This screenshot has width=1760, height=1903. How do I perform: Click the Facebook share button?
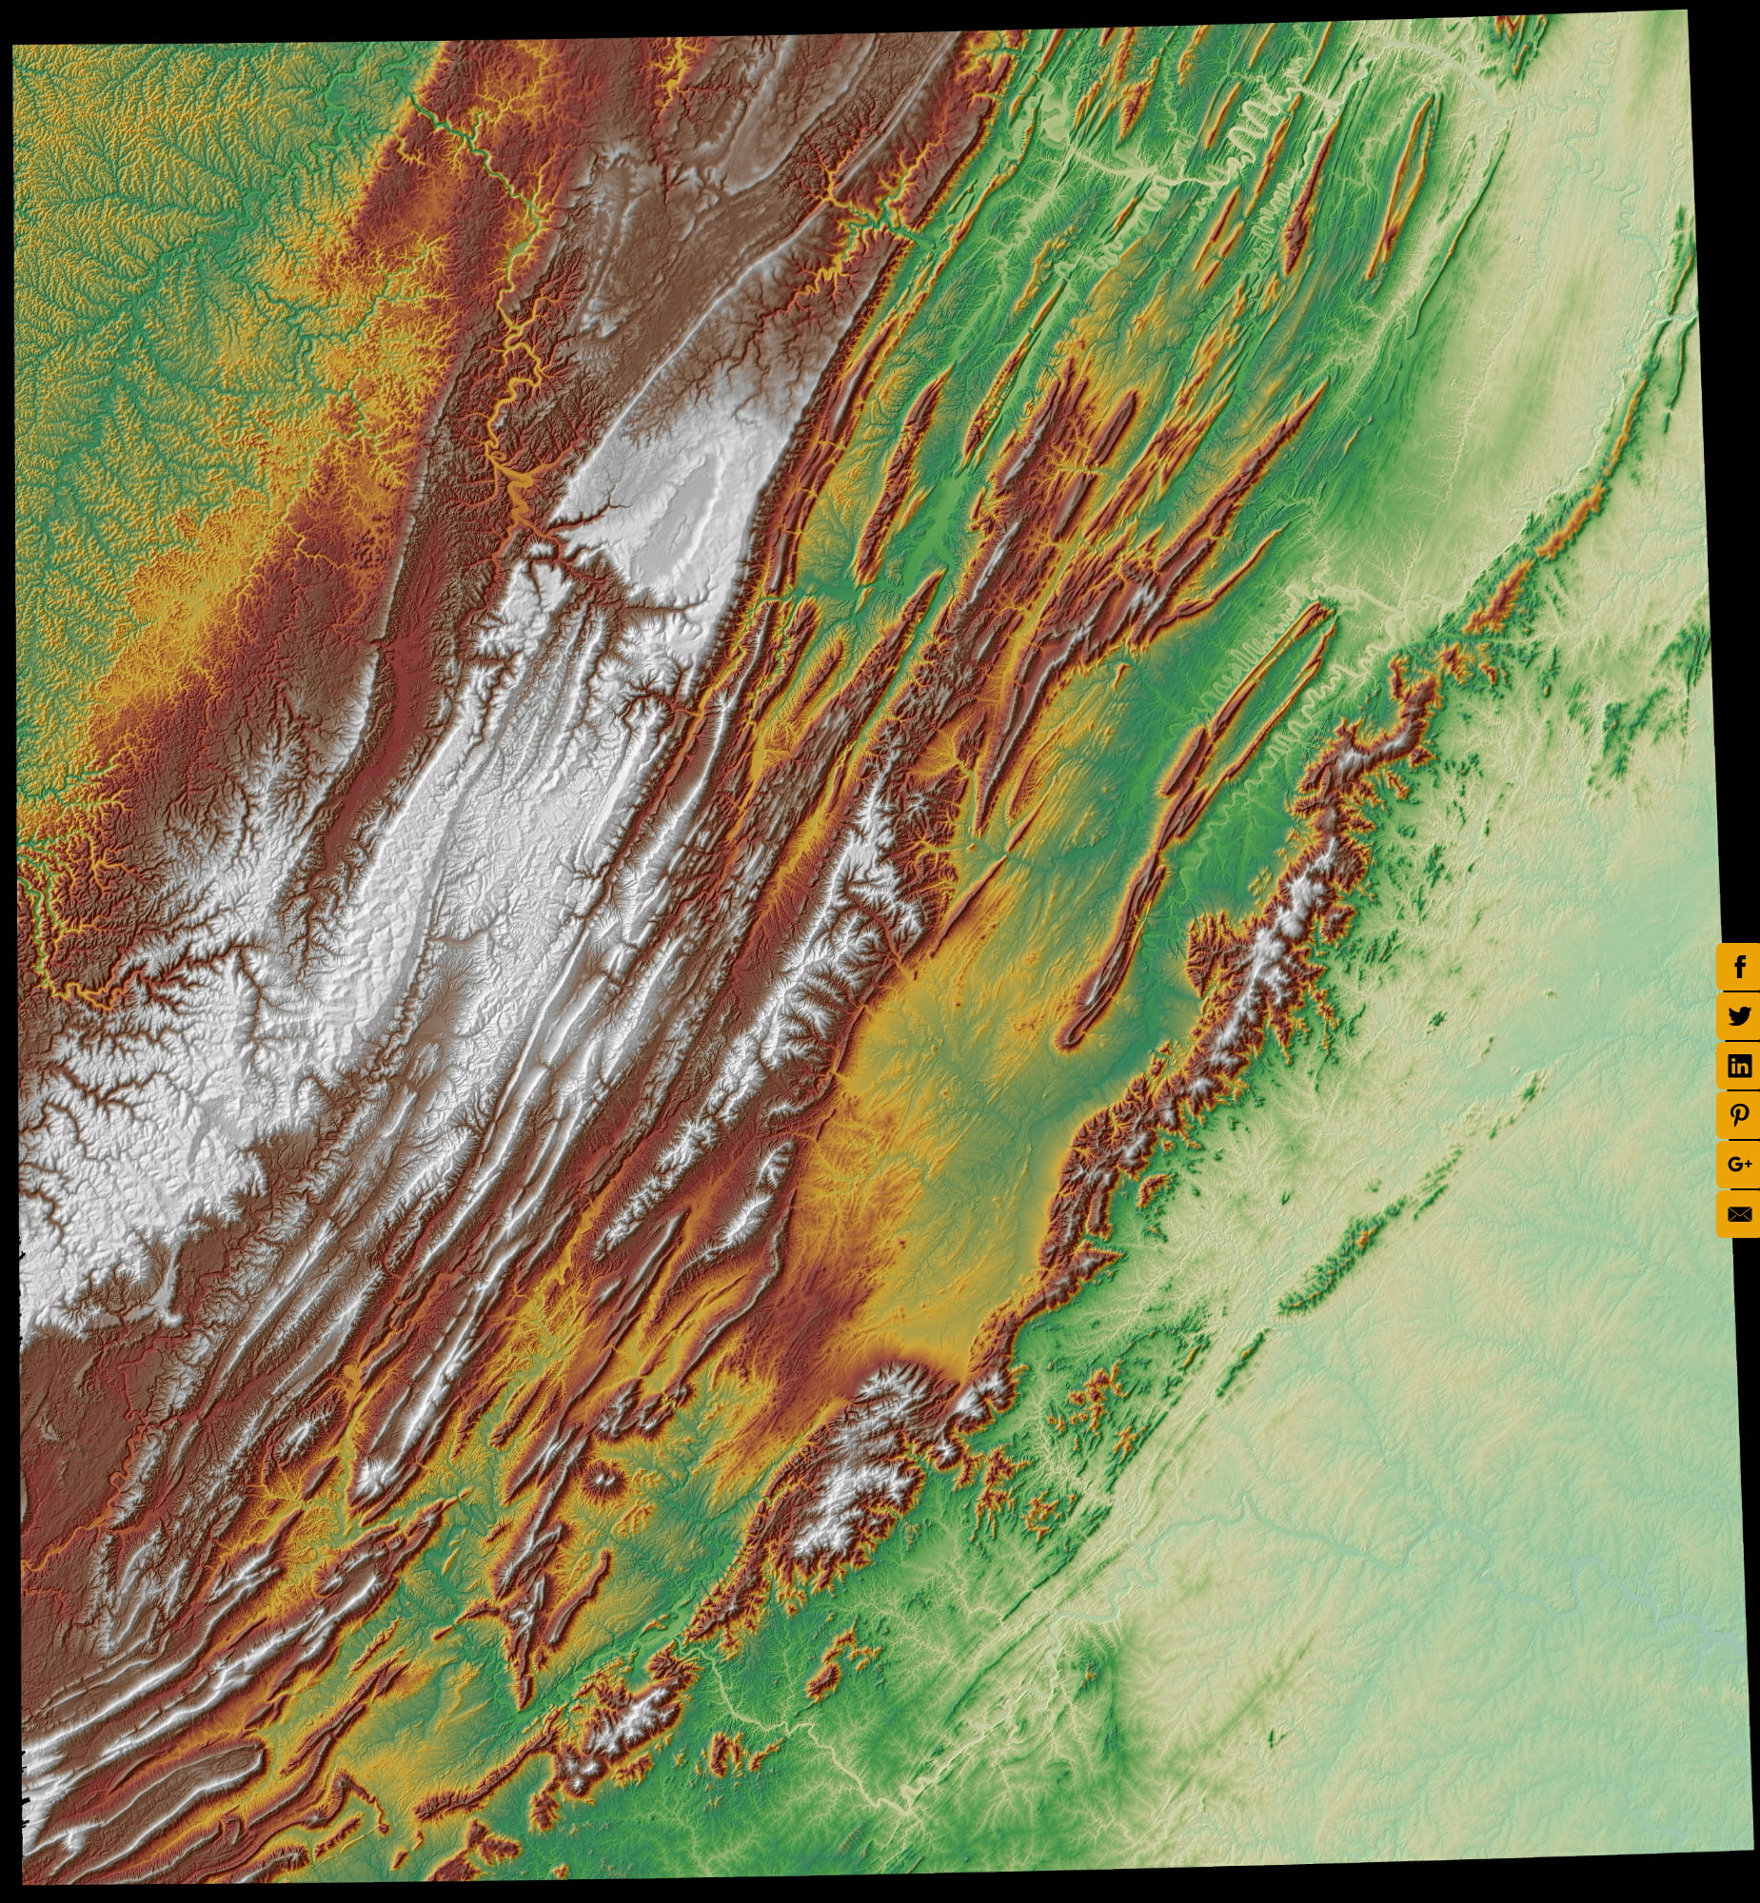point(1739,968)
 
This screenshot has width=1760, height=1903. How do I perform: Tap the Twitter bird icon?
point(1739,1016)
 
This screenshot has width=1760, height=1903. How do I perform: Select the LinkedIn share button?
point(1739,1066)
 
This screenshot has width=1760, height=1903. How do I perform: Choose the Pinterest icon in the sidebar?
point(1739,1115)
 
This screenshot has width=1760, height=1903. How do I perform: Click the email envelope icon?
point(1739,1214)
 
